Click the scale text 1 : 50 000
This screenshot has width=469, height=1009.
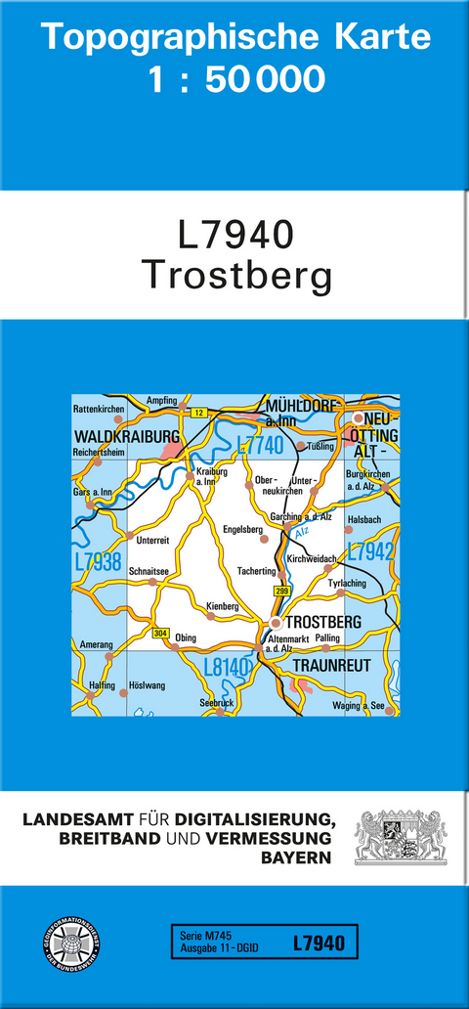[235, 78]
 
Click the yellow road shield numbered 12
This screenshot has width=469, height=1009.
[198, 414]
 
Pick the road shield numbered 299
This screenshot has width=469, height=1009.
[282, 592]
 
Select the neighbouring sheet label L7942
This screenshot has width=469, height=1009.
[371, 551]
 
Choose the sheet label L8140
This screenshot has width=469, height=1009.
[228, 668]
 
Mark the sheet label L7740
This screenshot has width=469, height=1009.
[260, 446]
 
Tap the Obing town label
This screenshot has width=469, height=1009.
[185, 638]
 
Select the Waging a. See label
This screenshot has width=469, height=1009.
[363, 706]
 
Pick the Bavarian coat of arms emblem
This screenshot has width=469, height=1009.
[400, 837]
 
